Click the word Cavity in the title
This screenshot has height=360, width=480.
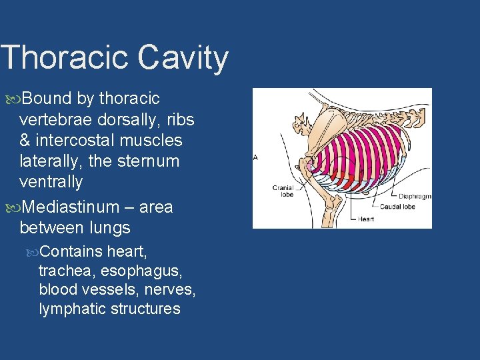click(x=183, y=58)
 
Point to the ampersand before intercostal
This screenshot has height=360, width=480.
click(x=25, y=141)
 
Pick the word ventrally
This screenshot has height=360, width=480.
click(x=51, y=182)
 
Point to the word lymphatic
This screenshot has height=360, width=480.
click(x=70, y=309)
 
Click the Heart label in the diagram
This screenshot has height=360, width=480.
click(x=366, y=219)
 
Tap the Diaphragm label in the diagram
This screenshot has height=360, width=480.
click(x=415, y=197)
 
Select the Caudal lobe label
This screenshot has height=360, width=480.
click(x=397, y=207)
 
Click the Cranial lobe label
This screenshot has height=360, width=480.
click(x=283, y=191)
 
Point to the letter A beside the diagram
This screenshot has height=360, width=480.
click(x=256, y=158)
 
